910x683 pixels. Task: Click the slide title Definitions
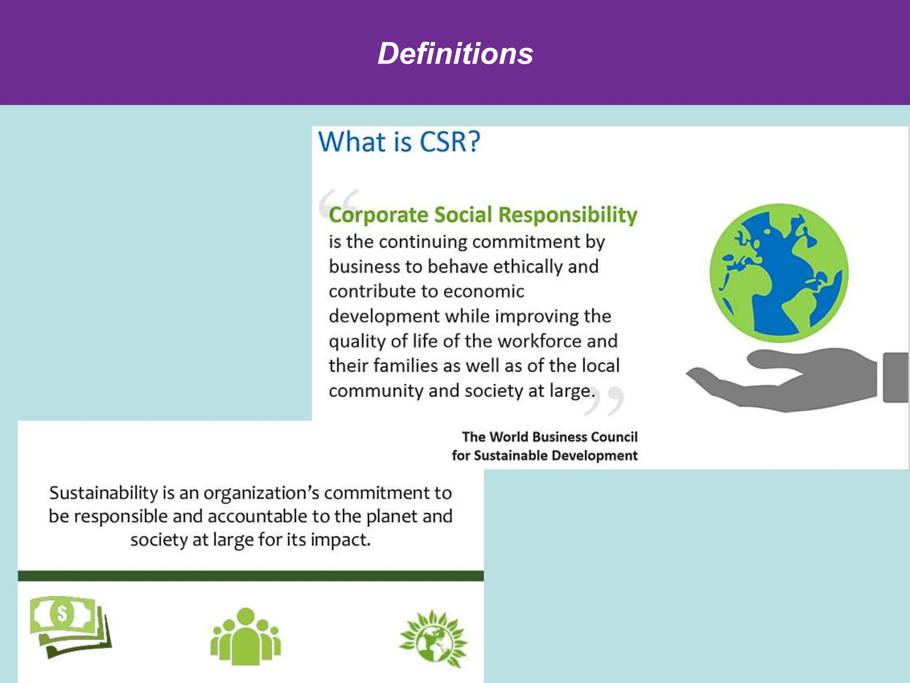[455, 54]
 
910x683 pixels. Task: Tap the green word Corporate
[378, 215]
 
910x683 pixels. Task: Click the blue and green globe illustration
[778, 273]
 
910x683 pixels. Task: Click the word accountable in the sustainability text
[257, 517]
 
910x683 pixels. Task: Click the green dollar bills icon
[70, 626]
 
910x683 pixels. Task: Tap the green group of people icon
[245, 637]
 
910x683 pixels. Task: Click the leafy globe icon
[434, 639]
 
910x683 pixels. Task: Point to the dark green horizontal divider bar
[251, 576]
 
